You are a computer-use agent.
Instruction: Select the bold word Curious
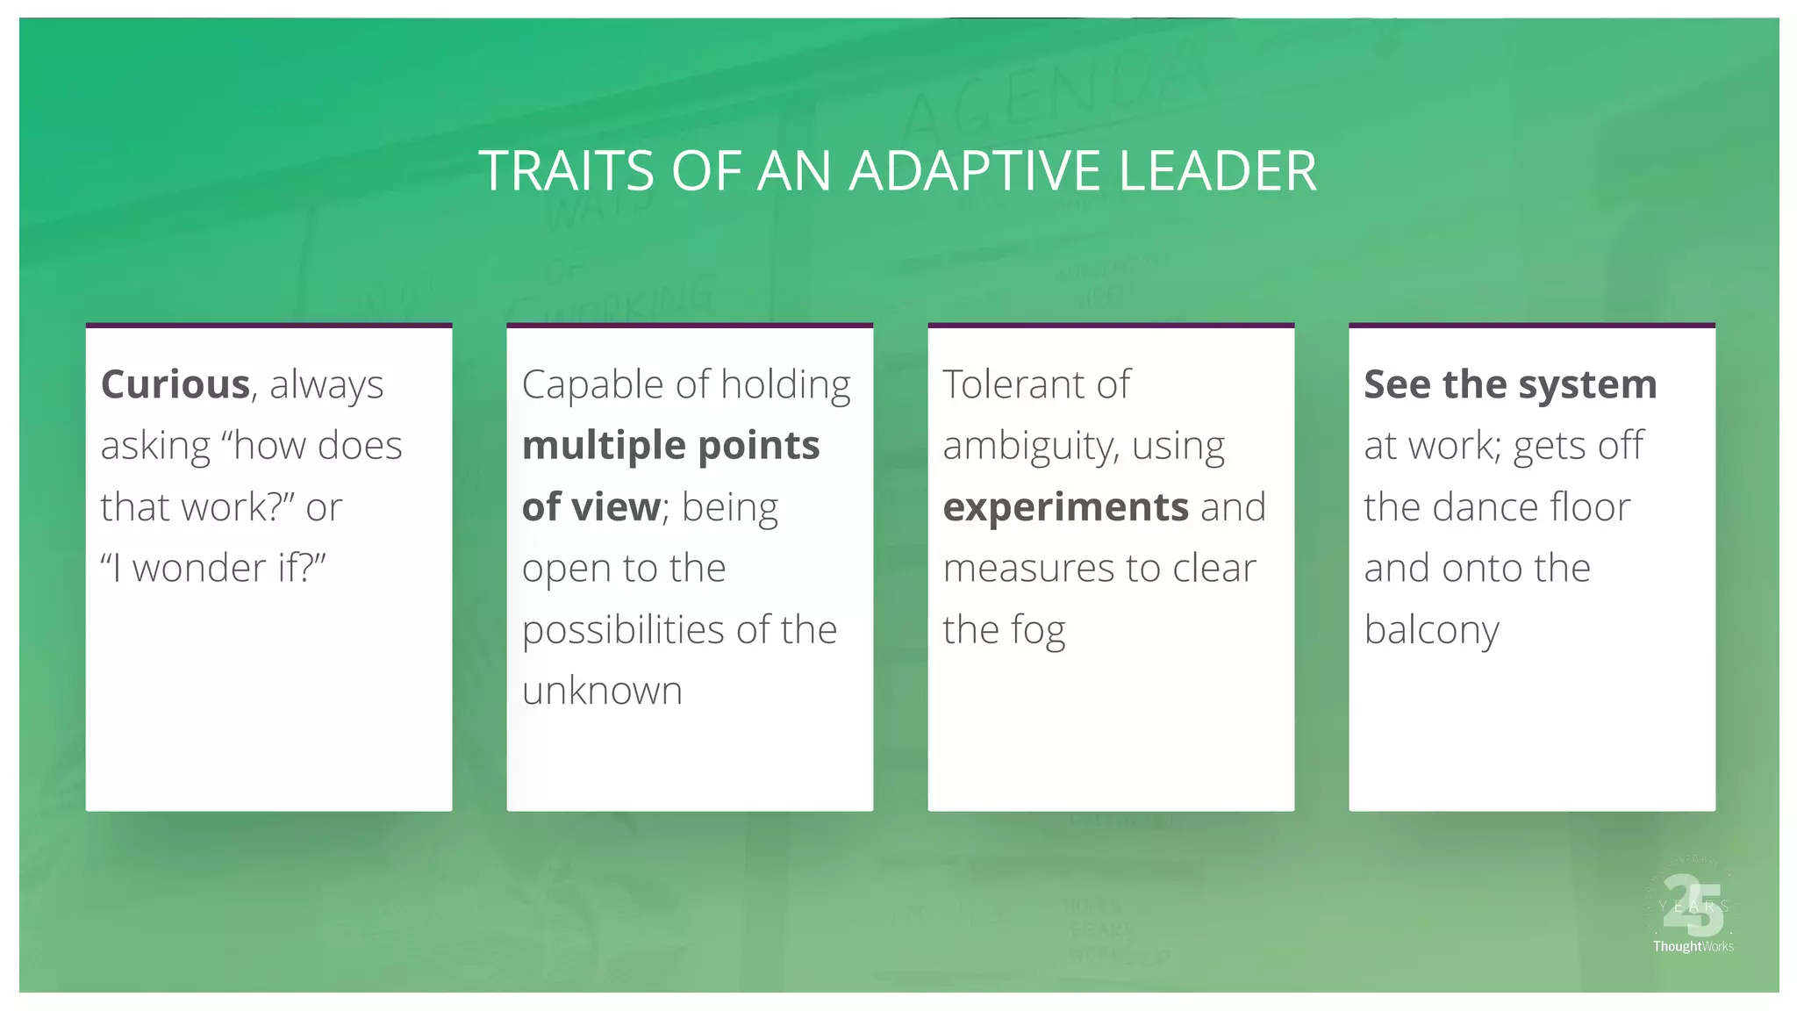[175, 384]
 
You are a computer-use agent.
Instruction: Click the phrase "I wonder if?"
[213, 568]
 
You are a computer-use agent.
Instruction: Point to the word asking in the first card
[155, 447]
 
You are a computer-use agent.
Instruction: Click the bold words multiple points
[670, 446]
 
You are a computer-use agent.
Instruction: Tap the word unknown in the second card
[602, 691]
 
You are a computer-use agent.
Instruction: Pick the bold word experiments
[1065, 507]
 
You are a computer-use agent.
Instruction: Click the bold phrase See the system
[1509, 384]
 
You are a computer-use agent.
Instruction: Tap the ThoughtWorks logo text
[1693, 946]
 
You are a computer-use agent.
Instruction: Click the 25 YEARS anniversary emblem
[1692, 904]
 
